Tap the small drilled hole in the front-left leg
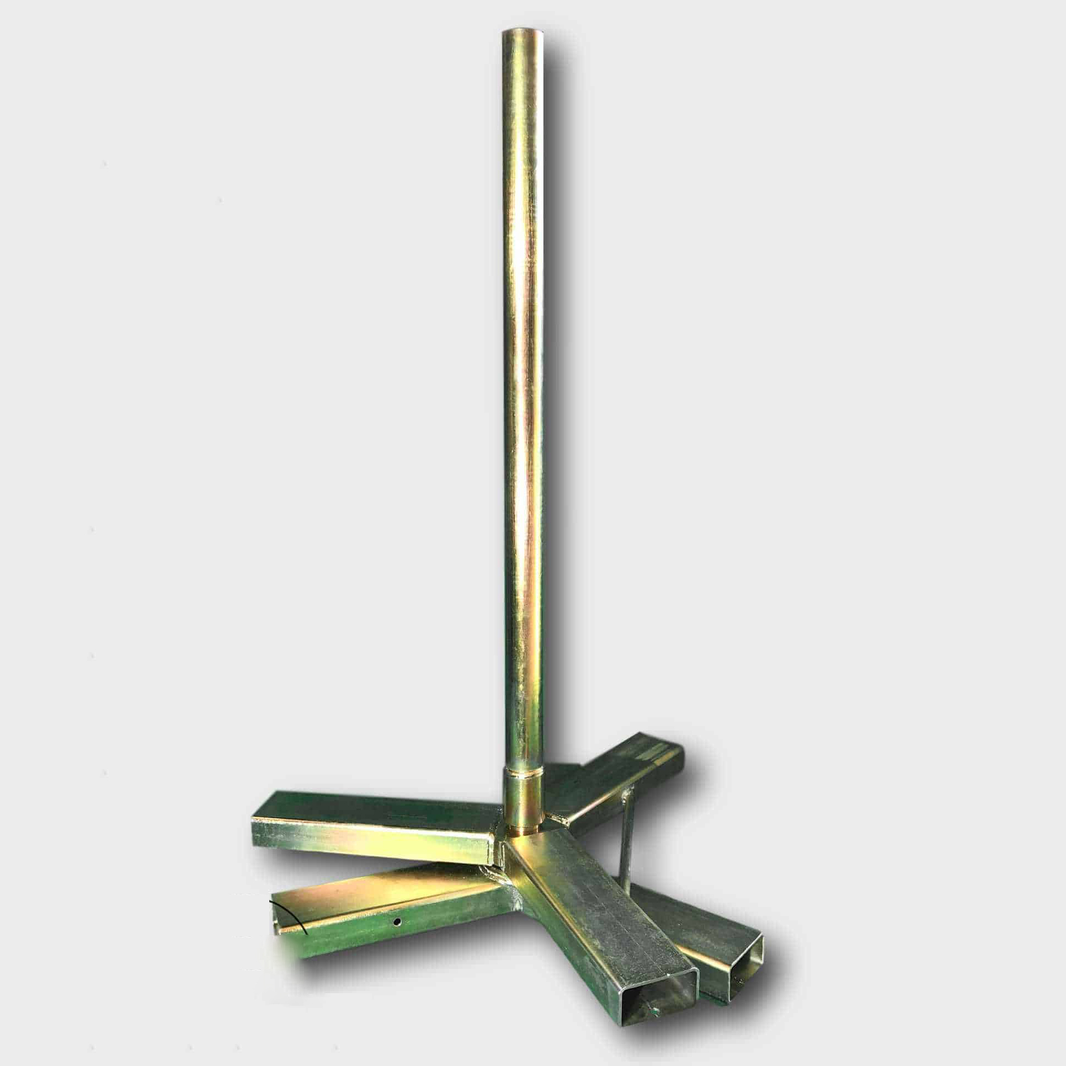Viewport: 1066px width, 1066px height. tap(397, 921)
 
